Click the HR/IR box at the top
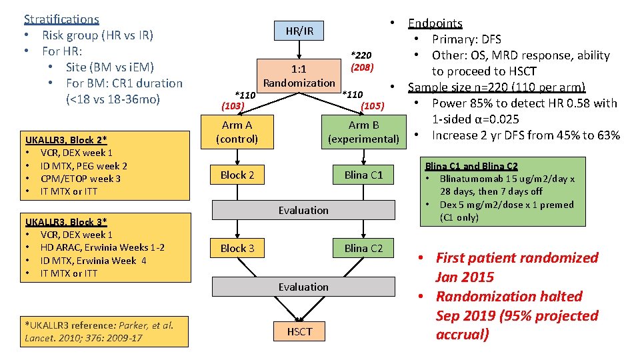click(299, 31)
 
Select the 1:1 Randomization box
click(299, 75)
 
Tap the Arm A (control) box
click(237, 132)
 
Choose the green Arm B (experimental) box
click(363, 132)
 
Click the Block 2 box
click(237, 175)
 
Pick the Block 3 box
click(237, 249)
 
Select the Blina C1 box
click(363, 175)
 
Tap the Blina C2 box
click(363, 249)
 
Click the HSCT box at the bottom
click(299, 331)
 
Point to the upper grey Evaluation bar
click(303, 210)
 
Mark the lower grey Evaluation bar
click(303, 287)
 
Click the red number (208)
click(363, 67)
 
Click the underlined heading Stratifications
click(61, 19)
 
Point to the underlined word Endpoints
click(435, 23)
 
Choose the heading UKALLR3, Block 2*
click(66, 140)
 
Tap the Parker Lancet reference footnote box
click(100, 331)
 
